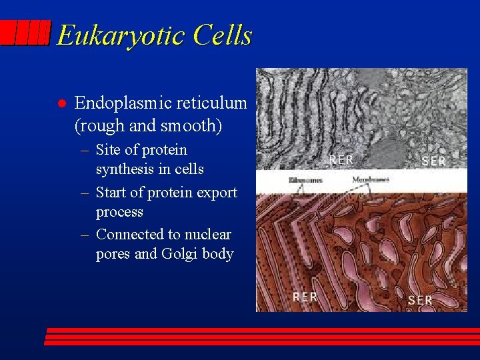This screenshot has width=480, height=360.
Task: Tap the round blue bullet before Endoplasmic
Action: click(60, 104)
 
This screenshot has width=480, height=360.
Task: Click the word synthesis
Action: click(124, 169)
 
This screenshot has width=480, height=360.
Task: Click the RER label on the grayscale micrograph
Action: click(341, 160)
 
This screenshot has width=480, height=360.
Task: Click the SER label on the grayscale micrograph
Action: click(433, 161)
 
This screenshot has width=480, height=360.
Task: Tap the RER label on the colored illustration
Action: click(305, 297)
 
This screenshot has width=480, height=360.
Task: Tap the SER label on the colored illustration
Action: click(420, 300)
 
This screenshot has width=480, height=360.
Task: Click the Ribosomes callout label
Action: click(305, 180)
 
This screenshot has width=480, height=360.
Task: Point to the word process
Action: click(119, 212)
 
